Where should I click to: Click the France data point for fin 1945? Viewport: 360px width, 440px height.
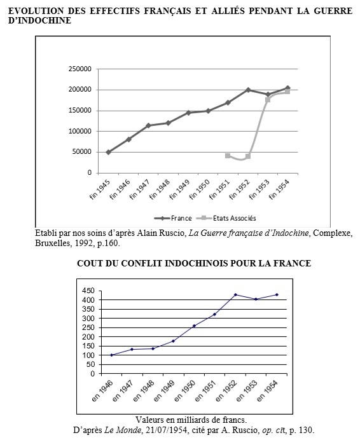pos(109,152)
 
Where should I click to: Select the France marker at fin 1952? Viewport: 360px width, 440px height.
pos(247,90)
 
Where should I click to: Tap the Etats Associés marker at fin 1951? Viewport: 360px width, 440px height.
pos(228,155)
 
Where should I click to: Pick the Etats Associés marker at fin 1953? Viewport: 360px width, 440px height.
pos(268,100)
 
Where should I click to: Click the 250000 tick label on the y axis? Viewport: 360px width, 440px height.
pos(80,69)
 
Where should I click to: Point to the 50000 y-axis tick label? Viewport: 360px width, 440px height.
pos(81,152)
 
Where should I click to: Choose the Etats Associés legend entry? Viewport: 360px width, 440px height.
pos(227,217)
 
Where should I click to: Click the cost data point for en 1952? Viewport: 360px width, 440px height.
pos(235,294)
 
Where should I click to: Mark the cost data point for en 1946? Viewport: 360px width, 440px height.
pos(112,355)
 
